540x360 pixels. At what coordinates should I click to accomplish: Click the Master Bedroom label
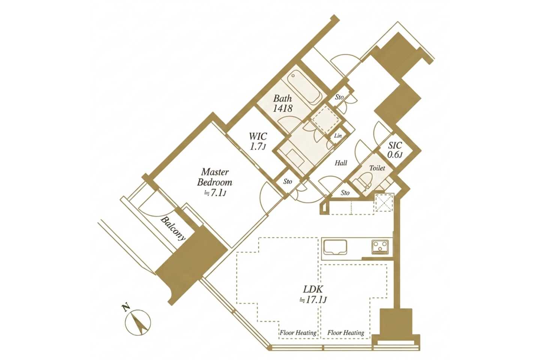pos(214,177)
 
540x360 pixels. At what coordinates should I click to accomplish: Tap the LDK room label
pos(313,289)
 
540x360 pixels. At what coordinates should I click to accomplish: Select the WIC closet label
pos(258,136)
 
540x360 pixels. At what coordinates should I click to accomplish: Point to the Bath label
pos(282,98)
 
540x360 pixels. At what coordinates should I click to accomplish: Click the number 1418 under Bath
pos(282,108)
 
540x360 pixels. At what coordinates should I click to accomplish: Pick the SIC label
pos(395,145)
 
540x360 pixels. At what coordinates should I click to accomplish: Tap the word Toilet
pos(377,168)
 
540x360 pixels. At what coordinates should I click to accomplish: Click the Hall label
pos(341,163)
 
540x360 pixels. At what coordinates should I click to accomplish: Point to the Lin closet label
pos(338,136)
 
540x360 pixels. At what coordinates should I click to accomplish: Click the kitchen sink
pos(334,247)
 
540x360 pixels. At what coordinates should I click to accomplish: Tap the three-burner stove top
pos(380,247)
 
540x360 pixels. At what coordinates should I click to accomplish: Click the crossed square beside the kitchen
pos(384,202)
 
